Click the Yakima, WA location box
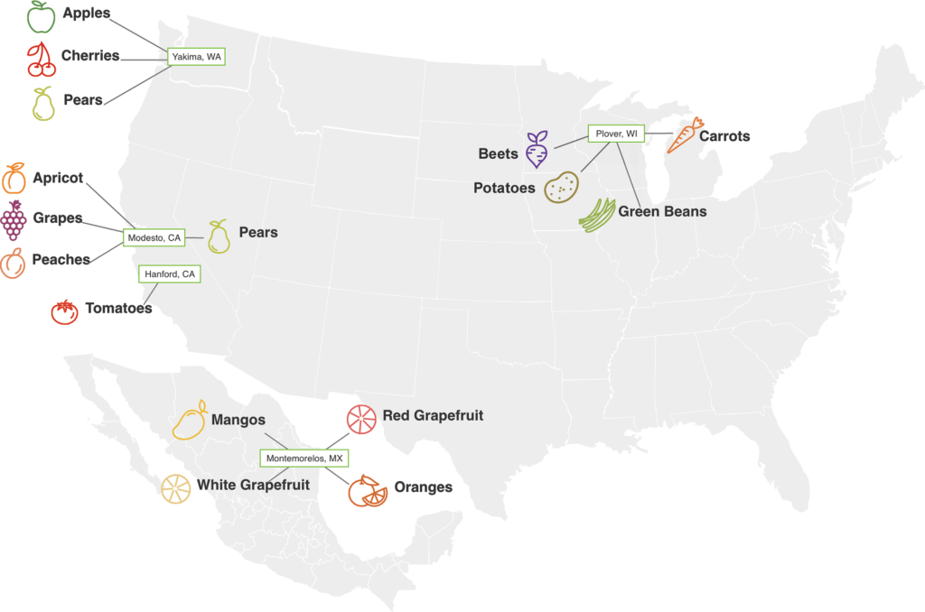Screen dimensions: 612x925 coord(196,57)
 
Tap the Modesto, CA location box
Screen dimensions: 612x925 coord(154,238)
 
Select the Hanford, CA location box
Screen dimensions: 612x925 coord(169,274)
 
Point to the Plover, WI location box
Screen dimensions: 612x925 coord(616,134)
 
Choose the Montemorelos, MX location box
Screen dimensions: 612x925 coord(304,459)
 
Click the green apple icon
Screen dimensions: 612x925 coord(40,16)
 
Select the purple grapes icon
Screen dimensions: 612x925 coord(13,220)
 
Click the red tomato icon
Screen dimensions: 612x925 coord(64,311)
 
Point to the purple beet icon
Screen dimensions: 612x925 coord(537,149)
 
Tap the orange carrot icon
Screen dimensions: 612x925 coord(686,135)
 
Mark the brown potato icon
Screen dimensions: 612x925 coord(561,187)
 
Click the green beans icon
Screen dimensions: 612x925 coord(596,215)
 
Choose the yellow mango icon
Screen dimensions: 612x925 coord(192,420)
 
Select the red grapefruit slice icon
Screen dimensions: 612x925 coord(360,418)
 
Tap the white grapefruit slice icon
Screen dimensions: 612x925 coord(175,488)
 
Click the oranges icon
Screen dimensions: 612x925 coord(367,490)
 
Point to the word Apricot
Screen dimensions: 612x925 coord(58,178)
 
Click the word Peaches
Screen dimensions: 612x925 coord(61,260)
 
